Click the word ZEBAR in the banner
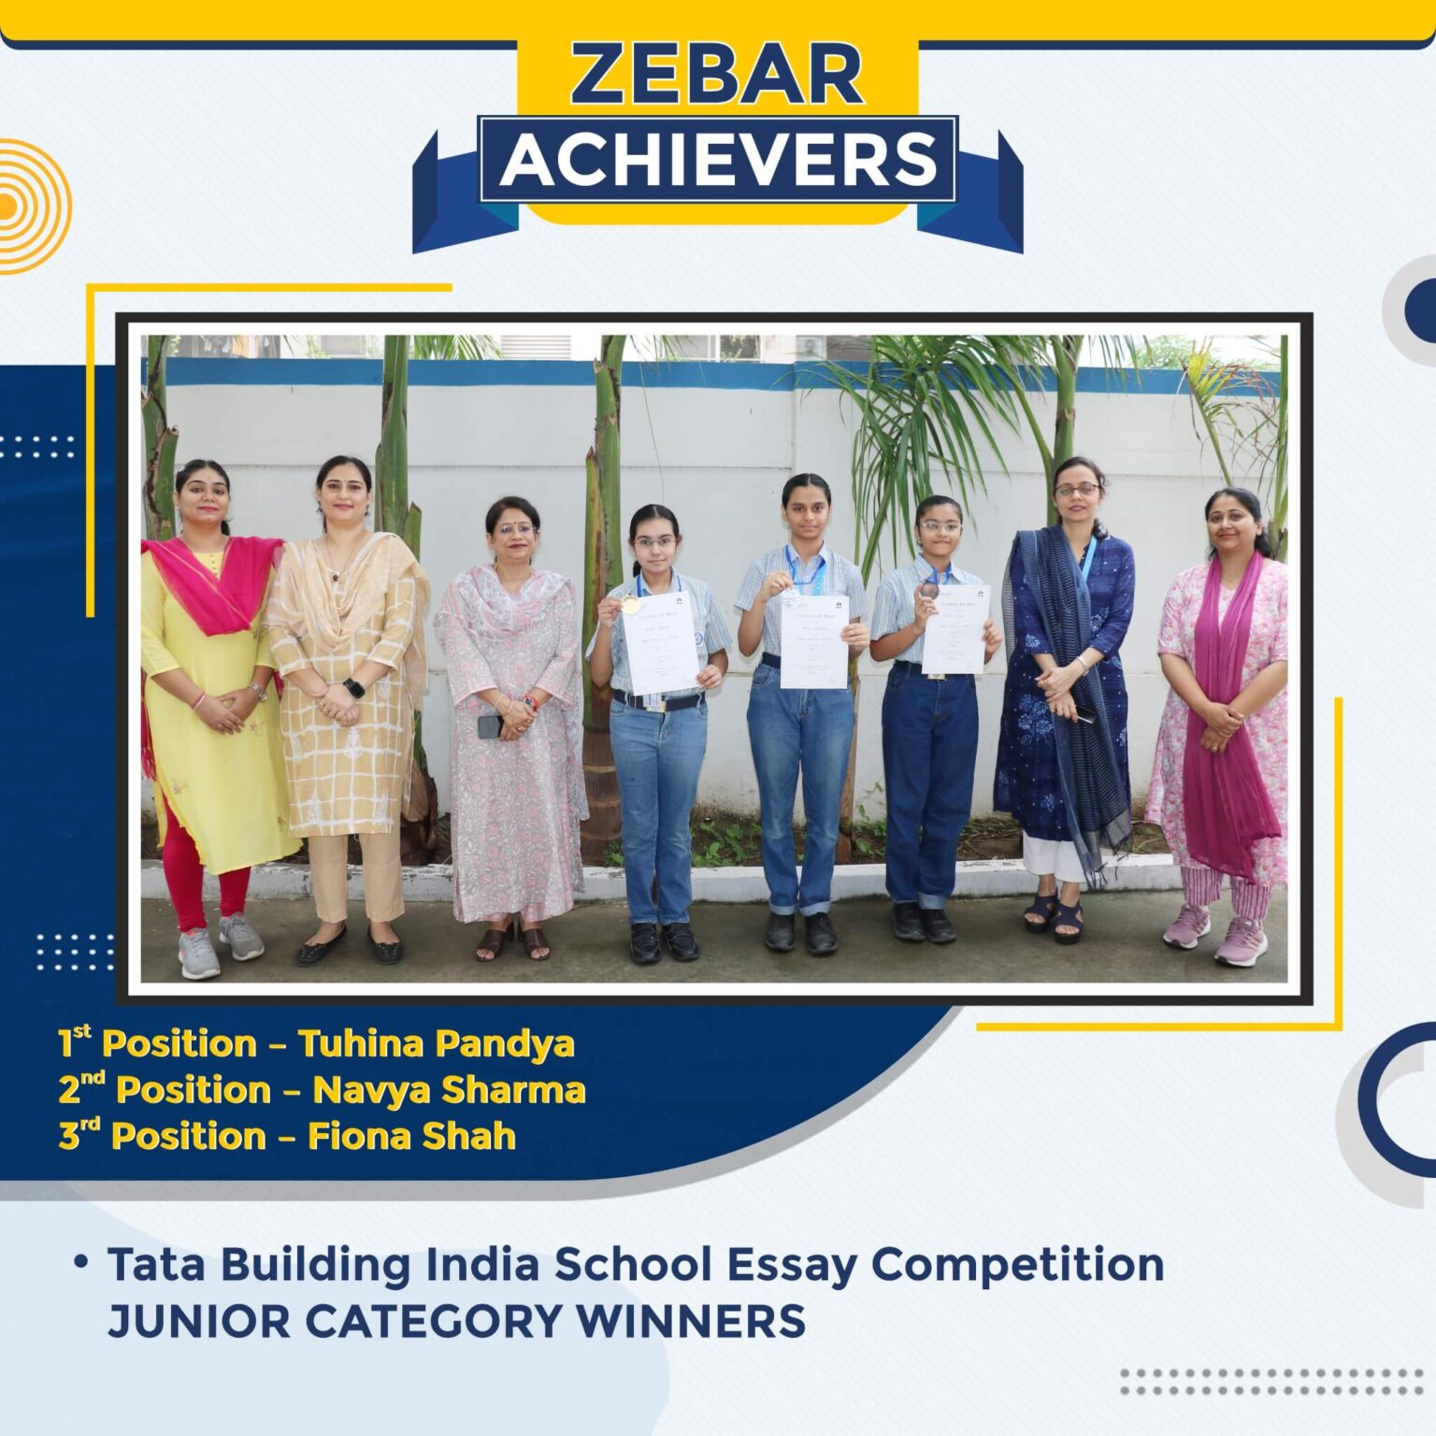coord(717,75)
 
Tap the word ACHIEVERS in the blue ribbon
coord(718,159)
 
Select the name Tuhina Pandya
coord(436,1043)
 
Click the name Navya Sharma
coord(449,1090)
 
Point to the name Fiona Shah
coord(411,1137)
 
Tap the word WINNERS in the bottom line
coord(690,1322)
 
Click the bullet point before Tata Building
coord(82,1262)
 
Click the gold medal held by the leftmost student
coord(630,605)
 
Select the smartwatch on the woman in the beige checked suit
coord(354,689)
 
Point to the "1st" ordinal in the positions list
coord(75,1041)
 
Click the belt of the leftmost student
coord(657,702)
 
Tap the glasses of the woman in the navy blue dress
coord(1077,490)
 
